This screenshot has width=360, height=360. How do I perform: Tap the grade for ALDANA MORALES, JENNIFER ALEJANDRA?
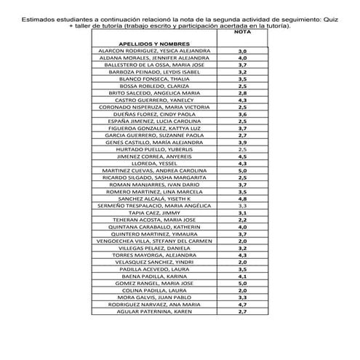click(x=243, y=58)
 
